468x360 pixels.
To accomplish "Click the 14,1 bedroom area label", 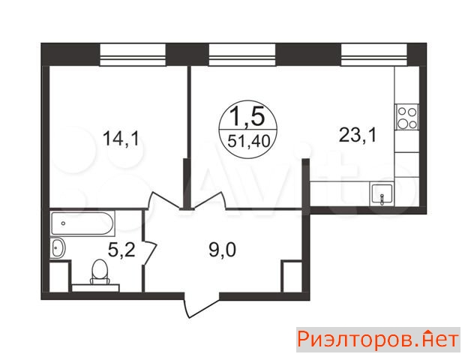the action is click(121, 139).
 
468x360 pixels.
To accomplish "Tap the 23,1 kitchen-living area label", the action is click(358, 135).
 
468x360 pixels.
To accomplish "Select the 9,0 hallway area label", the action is click(222, 250).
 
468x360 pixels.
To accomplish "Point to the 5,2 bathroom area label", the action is click(121, 250).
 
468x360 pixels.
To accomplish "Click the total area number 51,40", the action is click(249, 141).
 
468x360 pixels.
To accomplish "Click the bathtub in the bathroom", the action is click(82, 223).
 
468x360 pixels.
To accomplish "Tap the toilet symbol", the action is click(100, 271).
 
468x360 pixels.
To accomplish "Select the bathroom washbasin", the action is click(58, 247).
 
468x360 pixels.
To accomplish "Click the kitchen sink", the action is click(382, 194).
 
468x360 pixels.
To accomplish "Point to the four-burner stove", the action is click(407, 117).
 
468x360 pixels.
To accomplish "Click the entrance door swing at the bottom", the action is click(202, 305).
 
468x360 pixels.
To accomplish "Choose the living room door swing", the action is click(209, 200).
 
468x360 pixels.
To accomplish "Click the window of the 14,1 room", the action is click(133, 55).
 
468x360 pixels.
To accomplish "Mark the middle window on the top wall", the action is click(241, 55).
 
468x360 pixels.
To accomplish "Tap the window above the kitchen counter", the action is click(374, 55).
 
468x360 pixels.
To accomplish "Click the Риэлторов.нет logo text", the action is click(378, 340).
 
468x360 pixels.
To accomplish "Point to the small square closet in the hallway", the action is click(292, 276).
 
